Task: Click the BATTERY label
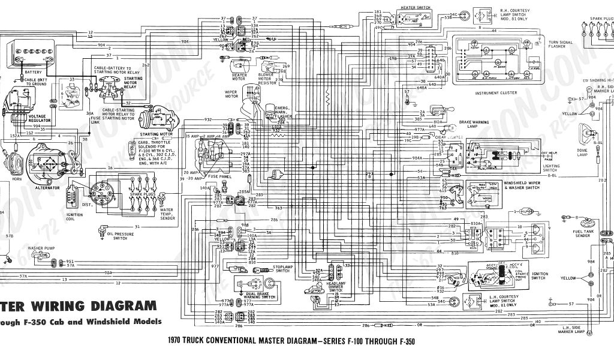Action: (34, 72)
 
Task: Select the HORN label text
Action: (17, 162)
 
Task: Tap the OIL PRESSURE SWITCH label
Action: (124, 236)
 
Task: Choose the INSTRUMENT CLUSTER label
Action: (496, 94)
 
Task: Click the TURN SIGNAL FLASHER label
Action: (561, 44)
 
